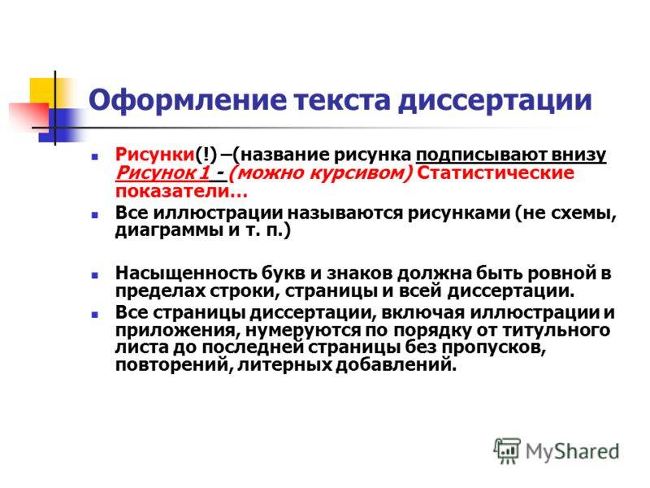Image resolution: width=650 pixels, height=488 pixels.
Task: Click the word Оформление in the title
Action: point(188,100)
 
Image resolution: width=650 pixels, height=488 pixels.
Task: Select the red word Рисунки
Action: point(155,155)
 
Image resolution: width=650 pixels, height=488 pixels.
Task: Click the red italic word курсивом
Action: point(361,173)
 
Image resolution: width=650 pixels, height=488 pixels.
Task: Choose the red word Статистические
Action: point(496,172)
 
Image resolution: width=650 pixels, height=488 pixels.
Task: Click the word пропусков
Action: point(493,348)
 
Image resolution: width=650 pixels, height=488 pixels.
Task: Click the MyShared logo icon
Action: point(506,451)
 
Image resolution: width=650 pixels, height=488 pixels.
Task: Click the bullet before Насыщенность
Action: point(94,275)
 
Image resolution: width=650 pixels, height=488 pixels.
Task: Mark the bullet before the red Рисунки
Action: point(94,157)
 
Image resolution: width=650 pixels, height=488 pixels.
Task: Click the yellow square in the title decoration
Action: point(43,91)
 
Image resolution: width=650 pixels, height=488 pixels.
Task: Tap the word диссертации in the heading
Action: point(495,101)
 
